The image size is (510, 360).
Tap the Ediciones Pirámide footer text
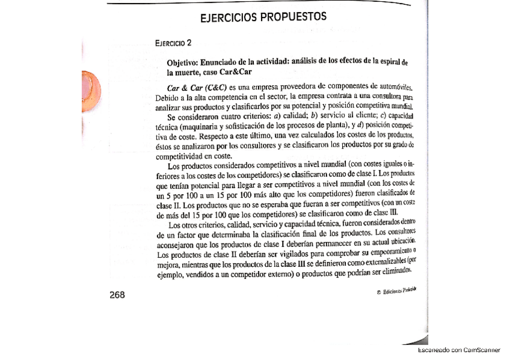point(397,291)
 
